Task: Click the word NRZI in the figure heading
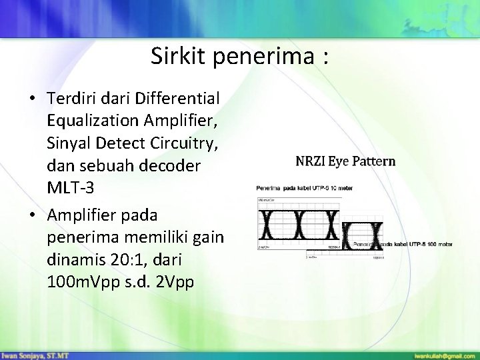pos(310,161)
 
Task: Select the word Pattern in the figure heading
pos(373,161)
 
